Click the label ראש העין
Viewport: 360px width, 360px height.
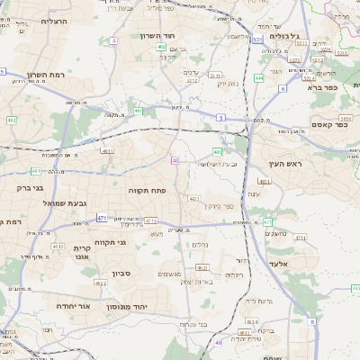tap(287, 165)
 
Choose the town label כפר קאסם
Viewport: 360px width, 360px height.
tap(328, 125)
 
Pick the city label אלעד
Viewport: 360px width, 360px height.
tap(281, 264)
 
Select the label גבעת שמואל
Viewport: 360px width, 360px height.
tap(65, 204)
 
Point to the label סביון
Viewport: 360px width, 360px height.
tap(122, 273)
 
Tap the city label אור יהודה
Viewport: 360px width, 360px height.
tap(60, 306)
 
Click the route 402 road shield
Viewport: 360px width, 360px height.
tap(160, 46)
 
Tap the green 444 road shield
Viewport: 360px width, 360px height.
tap(259, 78)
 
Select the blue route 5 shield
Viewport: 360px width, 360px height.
tap(220, 117)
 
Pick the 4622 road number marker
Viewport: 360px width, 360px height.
tap(101, 283)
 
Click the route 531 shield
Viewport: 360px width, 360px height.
tap(256, 40)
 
